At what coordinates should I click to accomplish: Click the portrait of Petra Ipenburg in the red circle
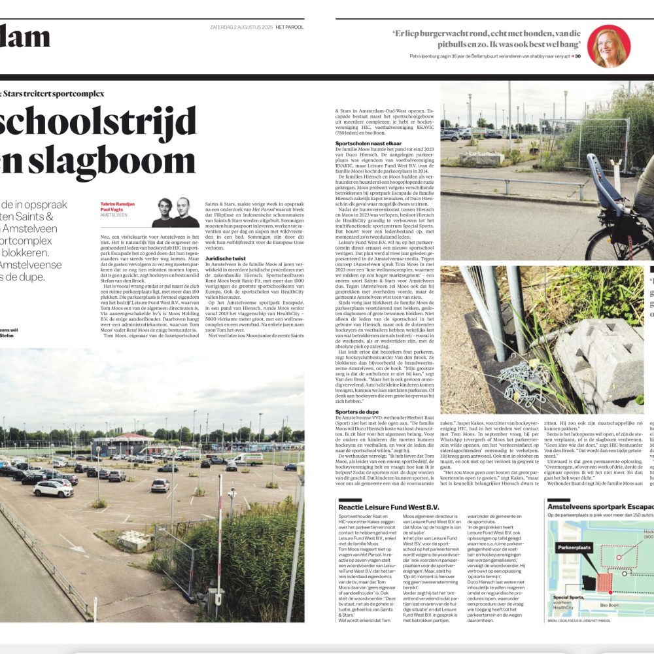coord(608,46)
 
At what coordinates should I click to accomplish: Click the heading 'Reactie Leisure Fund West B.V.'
coord(390,508)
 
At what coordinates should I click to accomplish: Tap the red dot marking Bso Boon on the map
coord(610,593)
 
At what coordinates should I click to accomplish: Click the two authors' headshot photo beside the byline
coord(175,213)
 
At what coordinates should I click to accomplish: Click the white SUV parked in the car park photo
coord(53,489)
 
